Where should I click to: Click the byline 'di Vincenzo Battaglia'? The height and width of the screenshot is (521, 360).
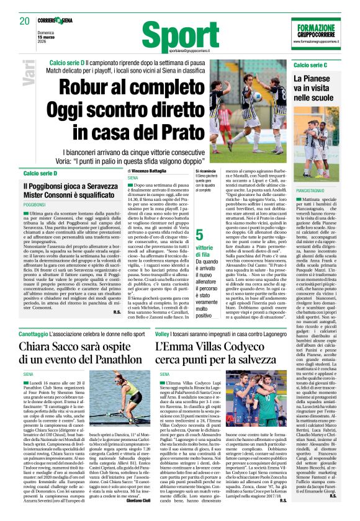point(148,170)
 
